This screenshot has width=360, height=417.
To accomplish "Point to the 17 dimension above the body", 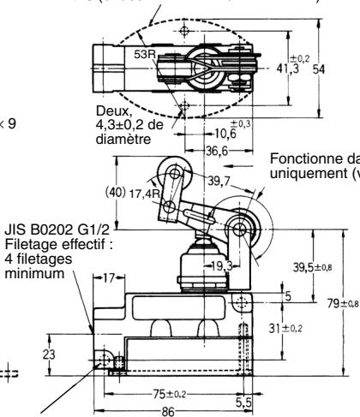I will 106,277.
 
